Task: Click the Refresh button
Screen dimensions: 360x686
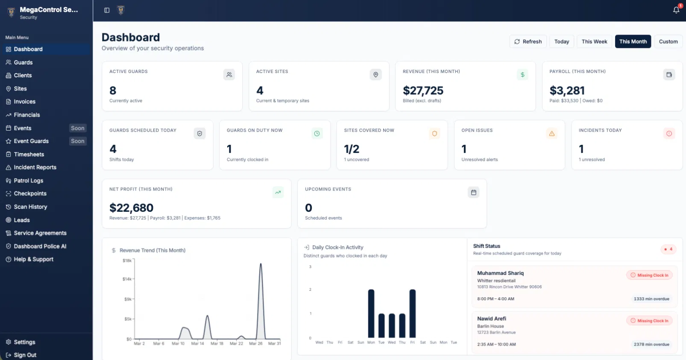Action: click(x=528, y=41)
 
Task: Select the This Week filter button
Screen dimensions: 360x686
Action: click(x=594, y=41)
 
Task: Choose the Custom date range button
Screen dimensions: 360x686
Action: click(x=668, y=41)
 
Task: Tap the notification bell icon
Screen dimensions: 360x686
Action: click(x=676, y=10)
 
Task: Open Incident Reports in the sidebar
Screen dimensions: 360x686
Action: click(x=35, y=167)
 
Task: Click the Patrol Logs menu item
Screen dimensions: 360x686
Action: click(x=28, y=181)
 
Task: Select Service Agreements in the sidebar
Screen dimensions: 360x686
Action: click(x=40, y=233)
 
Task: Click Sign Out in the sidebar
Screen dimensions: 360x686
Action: click(x=25, y=355)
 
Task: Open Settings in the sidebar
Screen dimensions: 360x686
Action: click(x=24, y=342)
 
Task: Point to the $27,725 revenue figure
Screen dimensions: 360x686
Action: click(x=423, y=91)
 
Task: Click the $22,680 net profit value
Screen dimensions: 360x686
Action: click(x=131, y=208)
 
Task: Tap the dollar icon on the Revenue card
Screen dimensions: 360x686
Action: click(x=522, y=75)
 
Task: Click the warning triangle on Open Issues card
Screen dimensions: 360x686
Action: click(x=552, y=134)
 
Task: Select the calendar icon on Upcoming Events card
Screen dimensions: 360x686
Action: click(x=473, y=193)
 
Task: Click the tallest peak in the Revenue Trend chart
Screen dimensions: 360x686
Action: click(x=261, y=265)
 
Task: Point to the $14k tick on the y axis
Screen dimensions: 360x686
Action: click(x=127, y=279)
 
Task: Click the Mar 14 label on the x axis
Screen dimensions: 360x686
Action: click(x=197, y=343)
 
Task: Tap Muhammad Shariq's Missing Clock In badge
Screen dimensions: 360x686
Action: click(x=650, y=275)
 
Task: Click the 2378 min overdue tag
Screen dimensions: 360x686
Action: click(x=651, y=344)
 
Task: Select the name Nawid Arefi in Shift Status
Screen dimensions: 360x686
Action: click(x=491, y=319)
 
